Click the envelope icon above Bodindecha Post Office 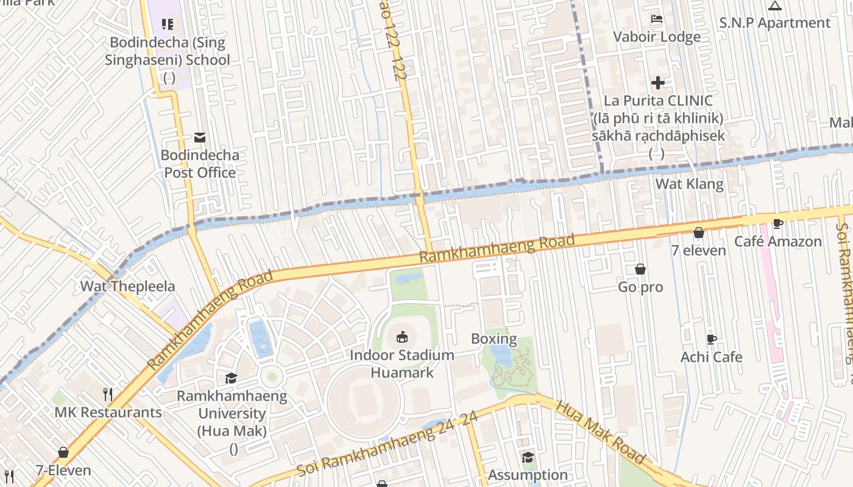tap(200, 138)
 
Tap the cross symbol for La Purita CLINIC tap(658, 83)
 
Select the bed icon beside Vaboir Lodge tap(657, 19)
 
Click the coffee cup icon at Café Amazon tap(777, 223)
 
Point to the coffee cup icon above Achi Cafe tap(711, 339)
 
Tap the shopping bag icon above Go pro tap(640, 269)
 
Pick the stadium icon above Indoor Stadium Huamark tap(402, 337)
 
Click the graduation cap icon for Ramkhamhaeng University tap(231, 379)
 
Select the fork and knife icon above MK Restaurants tap(108, 394)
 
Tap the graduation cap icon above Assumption tap(528, 457)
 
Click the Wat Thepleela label tap(127, 286)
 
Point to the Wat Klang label tap(689, 184)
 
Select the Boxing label tap(494, 339)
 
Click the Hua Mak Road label tap(600, 432)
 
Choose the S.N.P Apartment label tap(774, 23)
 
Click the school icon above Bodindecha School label tap(168, 24)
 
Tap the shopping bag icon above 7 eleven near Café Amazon tap(699, 233)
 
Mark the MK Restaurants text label tap(108, 412)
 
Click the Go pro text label tap(640, 287)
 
